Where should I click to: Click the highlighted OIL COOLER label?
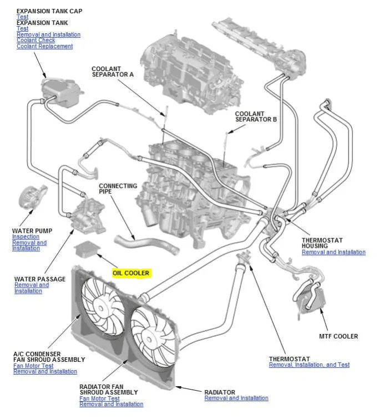(131, 273)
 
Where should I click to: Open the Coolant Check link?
(36, 40)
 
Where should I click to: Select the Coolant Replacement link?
(44, 47)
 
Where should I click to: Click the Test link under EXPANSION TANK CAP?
(22, 17)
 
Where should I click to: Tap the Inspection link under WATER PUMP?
(26, 237)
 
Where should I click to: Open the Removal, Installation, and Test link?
(309, 365)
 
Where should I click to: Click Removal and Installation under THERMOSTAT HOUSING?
(334, 252)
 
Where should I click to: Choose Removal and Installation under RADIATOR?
(236, 398)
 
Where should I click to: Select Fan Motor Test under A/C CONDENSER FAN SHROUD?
(33, 366)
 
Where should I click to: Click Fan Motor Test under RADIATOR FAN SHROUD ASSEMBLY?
(99, 398)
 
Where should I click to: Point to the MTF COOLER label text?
(338, 336)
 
